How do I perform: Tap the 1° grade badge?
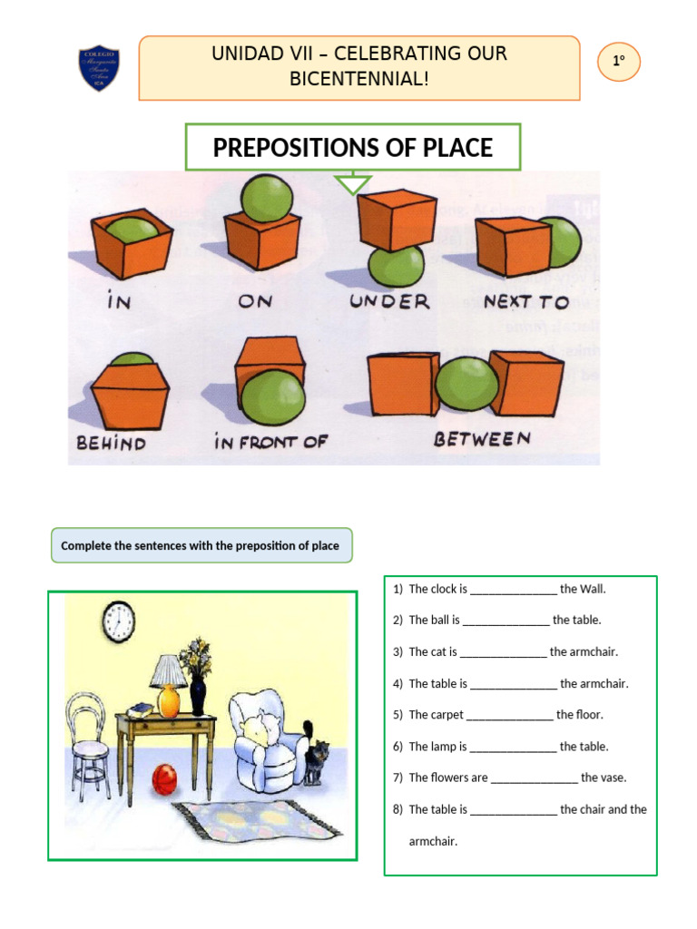(619, 62)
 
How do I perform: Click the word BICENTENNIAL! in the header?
(358, 79)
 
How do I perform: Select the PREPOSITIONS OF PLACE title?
(353, 148)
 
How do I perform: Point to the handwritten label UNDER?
(391, 301)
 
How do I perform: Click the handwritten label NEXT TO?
(525, 301)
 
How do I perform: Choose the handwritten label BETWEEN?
(481, 439)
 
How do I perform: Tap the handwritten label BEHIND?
(111, 443)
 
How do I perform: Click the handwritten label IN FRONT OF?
(270, 443)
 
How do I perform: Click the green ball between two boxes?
(466, 382)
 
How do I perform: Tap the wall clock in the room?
(119, 621)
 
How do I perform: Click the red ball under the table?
(164, 777)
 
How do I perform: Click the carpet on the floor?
(259, 820)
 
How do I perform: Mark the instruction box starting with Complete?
(201, 546)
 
